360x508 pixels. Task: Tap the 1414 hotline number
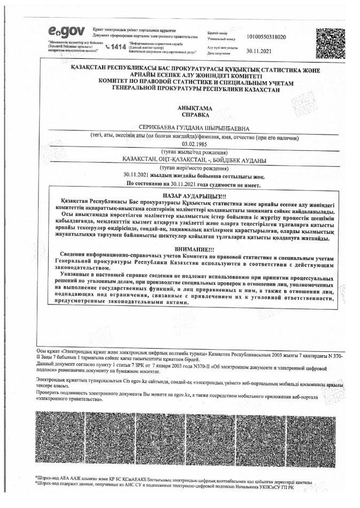pyautogui.click(x=118, y=48)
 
